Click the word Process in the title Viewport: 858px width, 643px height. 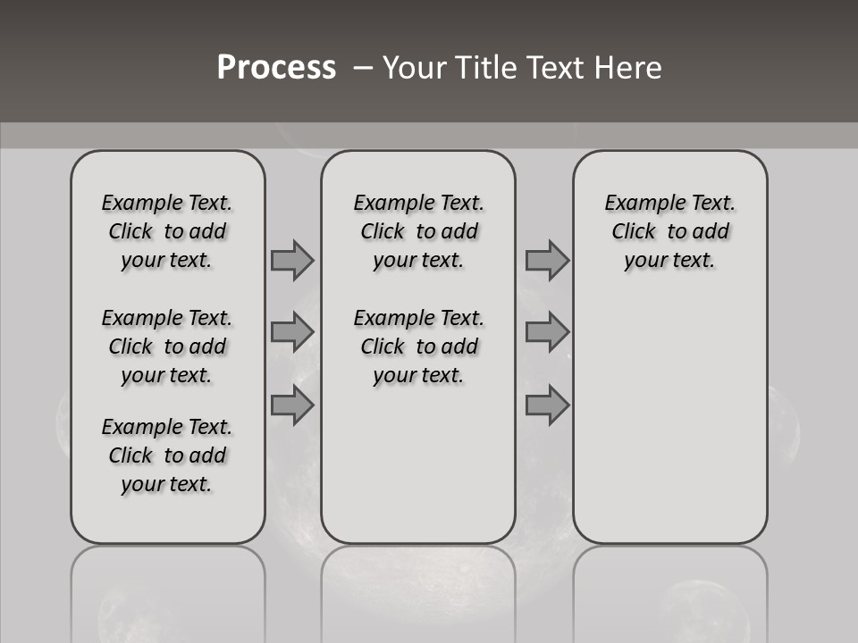(x=276, y=68)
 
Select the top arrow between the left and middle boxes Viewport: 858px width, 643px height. (x=292, y=260)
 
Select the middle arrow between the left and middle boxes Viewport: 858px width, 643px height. (x=292, y=332)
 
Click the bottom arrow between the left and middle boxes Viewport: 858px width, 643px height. (x=292, y=405)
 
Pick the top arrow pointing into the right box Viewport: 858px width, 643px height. (x=547, y=260)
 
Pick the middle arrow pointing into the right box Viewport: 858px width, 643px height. (x=547, y=332)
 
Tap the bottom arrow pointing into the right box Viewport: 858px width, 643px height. (x=547, y=405)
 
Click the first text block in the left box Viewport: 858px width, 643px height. (x=167, y=231)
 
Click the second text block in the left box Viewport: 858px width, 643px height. (x=167, y=347)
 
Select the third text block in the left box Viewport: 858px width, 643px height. (x=167, y=455)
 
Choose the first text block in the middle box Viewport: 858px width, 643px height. (x=418, y=231)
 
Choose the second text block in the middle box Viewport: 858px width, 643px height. (x=418, y=347)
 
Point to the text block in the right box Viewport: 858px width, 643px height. (x=669, y=231)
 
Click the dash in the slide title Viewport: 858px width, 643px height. (x=362, y=68)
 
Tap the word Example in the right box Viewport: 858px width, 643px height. (x=638, y=204)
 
